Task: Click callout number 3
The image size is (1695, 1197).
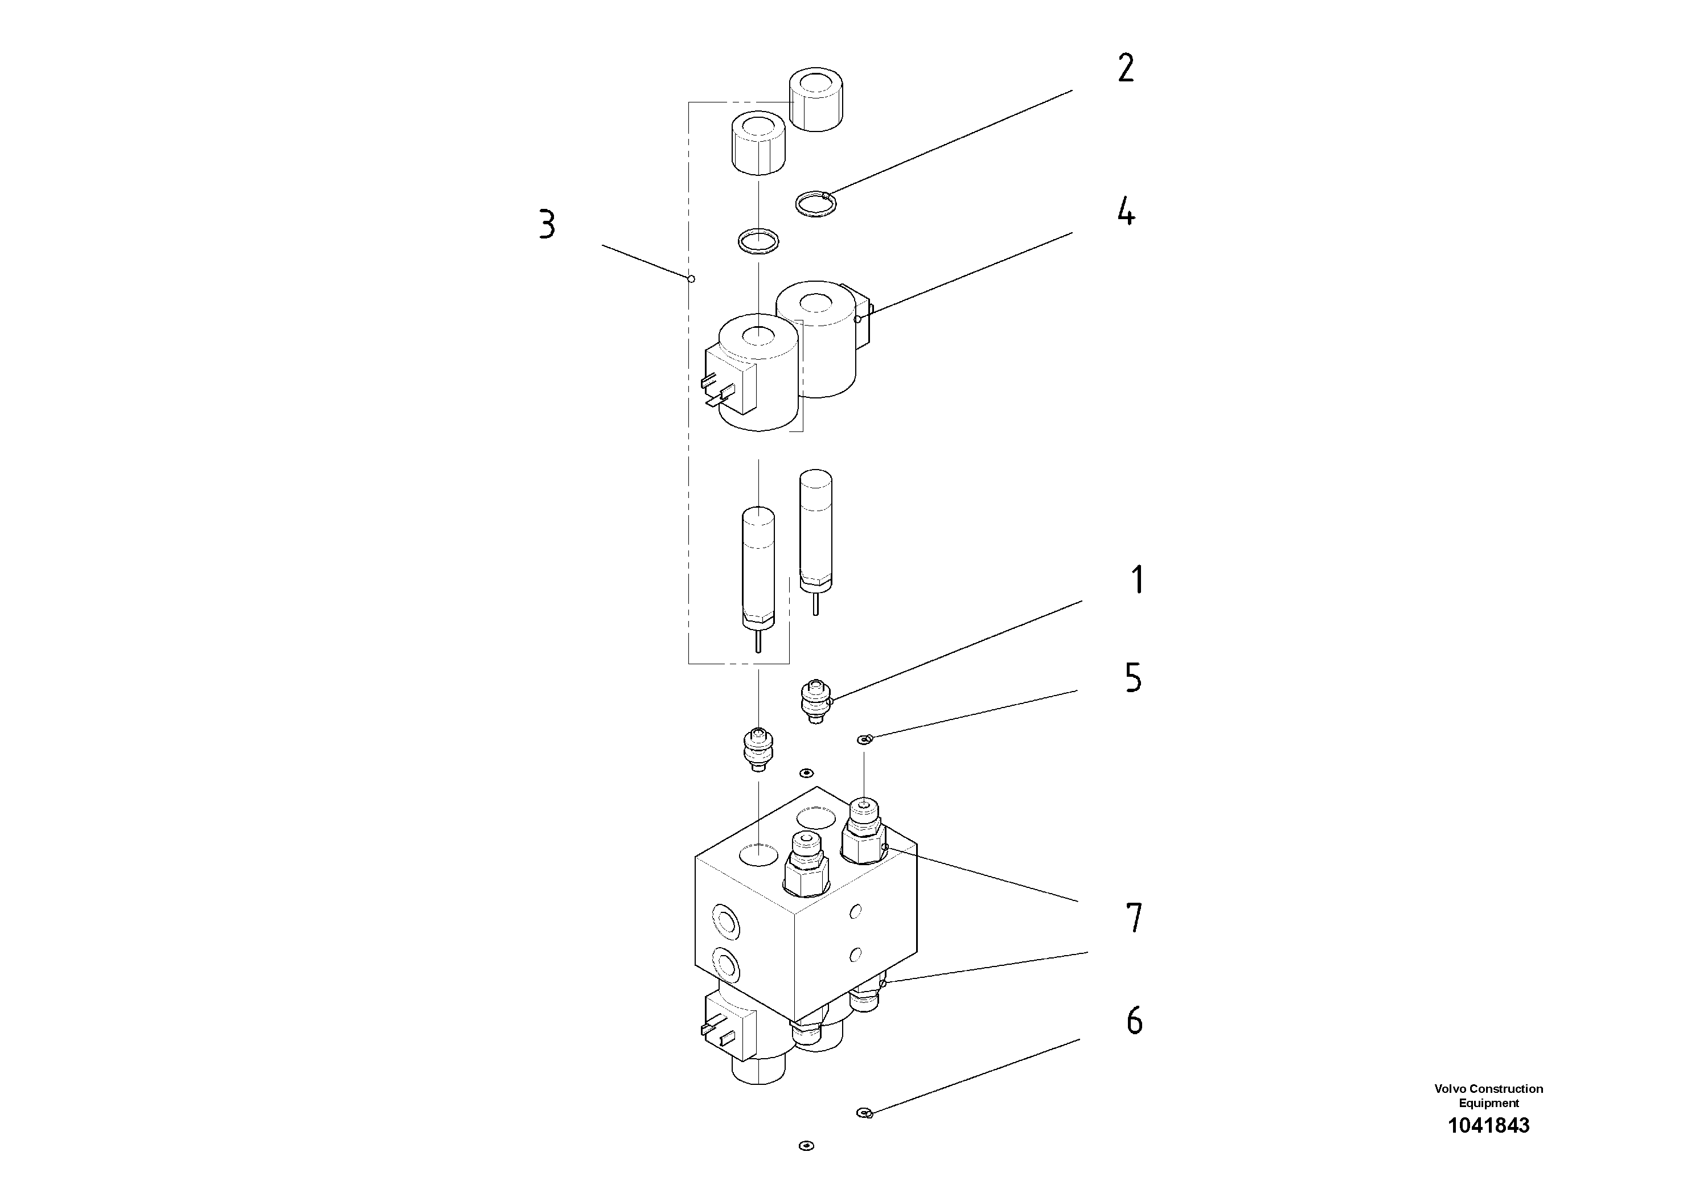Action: tap(546, 224)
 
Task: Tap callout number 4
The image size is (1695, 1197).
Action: tap(1125, 212)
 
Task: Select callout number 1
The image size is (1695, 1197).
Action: tap(1138, 580)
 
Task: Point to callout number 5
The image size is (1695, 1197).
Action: tap(1133, 677)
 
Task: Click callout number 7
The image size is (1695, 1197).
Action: tap(1135, 918)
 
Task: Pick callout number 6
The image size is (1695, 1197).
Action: tap(1135, 1021)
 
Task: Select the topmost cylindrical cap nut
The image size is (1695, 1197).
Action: tap(816, 99)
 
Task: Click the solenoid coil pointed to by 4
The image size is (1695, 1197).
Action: tap(816, 339)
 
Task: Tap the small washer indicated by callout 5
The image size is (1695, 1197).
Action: tap(864, 739)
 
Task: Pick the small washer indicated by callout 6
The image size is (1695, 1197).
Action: tap(864, 1113)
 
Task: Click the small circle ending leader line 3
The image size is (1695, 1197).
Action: tap(691, 279)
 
